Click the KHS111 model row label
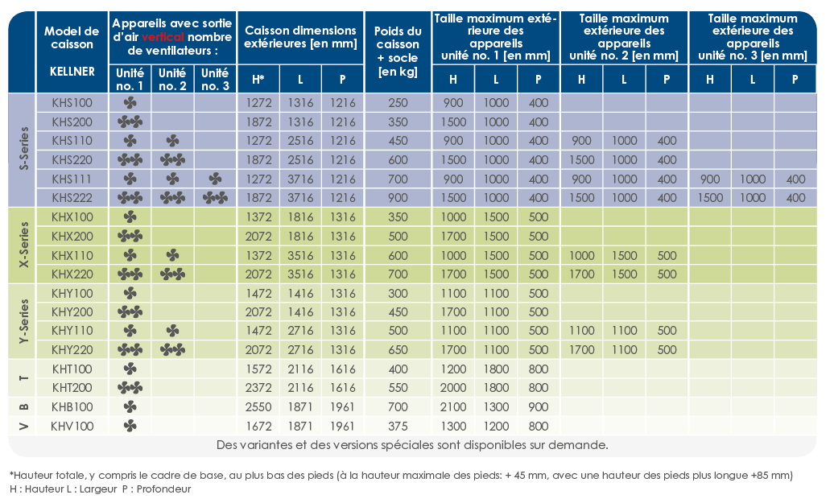pos(72,179)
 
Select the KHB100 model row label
pos(72,407)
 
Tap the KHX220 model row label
pos(72,274)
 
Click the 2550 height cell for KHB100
pos(258,407)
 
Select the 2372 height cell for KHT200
pos(258,388)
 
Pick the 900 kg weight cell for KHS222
pos(398,198)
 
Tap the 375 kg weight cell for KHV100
pos(398,427)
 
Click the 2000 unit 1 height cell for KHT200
pos(453,388)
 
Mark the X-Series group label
pos(24,245)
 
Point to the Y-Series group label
pos(24,321)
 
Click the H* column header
pos(258,80)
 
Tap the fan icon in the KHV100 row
pos(130,427)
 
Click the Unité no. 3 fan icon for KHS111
pos(215,179)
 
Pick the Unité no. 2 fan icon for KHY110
pos(172,331)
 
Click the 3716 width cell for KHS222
pos(300,198)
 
